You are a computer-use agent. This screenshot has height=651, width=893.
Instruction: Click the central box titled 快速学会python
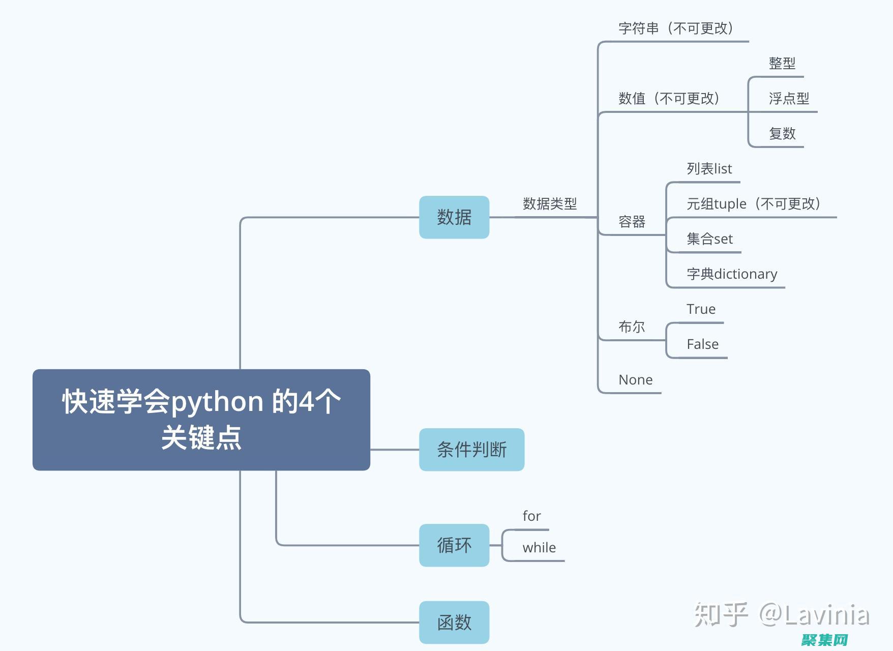coord(201,420)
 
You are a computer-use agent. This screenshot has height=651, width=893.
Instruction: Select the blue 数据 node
coord(454,217)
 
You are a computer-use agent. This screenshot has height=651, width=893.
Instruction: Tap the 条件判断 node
coord(471,450)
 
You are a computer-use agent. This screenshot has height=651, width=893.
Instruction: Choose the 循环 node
coord(454,545)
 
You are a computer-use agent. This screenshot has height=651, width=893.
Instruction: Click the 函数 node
coord(454,623)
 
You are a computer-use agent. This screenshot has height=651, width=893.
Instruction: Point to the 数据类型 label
coord(550,204)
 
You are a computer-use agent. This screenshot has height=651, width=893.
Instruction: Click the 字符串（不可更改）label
coord(676,28)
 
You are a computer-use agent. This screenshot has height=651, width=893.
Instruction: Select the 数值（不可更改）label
coord(669,98)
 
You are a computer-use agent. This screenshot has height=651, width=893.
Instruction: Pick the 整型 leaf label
coord(782,64)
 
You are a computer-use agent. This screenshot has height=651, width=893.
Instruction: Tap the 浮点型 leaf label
coord(789,99)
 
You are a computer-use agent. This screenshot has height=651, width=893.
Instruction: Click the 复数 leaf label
coord(782,134)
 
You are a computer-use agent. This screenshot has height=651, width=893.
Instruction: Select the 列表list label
coord(709,169)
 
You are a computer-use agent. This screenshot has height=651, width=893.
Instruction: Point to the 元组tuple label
coord(753,204)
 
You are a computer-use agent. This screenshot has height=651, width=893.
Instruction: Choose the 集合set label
coord(709,239)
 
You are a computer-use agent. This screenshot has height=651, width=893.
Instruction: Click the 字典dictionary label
coord(732,274)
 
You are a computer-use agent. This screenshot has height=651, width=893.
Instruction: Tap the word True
coord(701,309)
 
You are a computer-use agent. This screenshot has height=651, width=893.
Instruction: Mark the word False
coord(702,344)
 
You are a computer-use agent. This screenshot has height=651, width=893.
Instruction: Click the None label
coord(635,380)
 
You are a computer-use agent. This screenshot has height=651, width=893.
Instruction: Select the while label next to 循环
coord(539,548)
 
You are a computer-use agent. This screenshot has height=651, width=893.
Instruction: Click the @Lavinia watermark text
coord(814,615)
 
